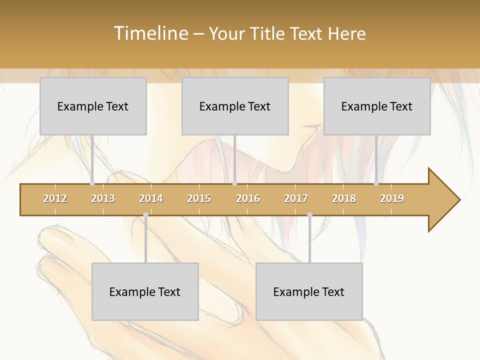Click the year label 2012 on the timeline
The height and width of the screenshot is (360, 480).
pyautogui.click(x=55, y=198)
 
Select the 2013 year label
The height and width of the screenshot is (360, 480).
pyautogui.click(x=103, y=198)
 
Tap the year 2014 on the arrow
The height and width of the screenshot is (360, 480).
pyautogui.click(x=151, y=198)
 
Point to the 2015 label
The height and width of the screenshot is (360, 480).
pyautogui.click(x=199, y=198)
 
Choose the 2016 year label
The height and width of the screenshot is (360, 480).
pyautogui.click(x=248, y=198)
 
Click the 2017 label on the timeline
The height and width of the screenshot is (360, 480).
pyautogui.click(x=296, y=198)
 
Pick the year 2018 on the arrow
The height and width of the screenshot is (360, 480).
pyautogui.click(x=344, y=198)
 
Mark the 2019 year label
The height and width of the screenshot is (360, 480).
pyautogui.click(x=392, y=198)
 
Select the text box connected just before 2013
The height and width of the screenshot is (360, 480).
pyautogui.click(x=93, y=106)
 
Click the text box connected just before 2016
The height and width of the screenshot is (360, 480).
pyautogui.click(x=235, y=106)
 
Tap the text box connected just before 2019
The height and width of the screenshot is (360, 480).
pyautogui.click(x=377, y=106)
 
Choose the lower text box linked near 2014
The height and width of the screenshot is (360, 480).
pyautogui.click(x=145, y=291)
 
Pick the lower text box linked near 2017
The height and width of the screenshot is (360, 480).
pyautogui.click(x=309, y=291)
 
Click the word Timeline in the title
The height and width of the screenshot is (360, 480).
pyautogui.click(x=150, y=33)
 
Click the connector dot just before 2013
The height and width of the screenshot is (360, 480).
pyautogui.click(x=92, y=183)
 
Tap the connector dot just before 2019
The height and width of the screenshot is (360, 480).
pyautogui.click(x=376, y=183)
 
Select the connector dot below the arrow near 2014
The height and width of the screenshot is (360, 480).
pyautogui.click(x=145, y=214)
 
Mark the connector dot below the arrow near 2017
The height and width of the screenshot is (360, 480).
pyautogui.click(x=309, y=214)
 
